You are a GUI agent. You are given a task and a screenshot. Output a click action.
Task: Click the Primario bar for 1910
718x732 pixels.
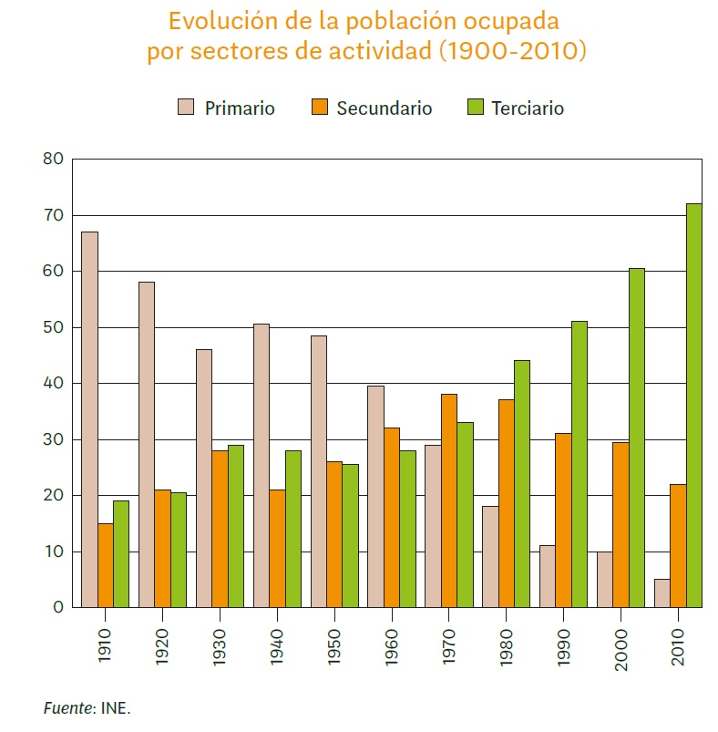point(89,419)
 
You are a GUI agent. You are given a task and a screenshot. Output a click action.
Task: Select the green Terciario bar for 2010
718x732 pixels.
point(694,405)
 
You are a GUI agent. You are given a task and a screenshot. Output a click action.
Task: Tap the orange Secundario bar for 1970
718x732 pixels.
point(449,500)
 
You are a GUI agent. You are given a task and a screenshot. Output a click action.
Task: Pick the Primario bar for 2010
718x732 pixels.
point(662,593)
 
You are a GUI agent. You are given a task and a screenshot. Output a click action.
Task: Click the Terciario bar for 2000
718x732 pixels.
point(637,438)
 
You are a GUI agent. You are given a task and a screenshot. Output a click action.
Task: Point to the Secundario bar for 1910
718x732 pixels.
point(106,565)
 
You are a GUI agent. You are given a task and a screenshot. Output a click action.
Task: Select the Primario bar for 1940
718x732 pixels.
point(262,465)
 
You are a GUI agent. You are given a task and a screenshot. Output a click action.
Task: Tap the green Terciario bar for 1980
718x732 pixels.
point(522,483)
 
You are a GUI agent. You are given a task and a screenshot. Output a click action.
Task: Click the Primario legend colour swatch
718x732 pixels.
point(186,108)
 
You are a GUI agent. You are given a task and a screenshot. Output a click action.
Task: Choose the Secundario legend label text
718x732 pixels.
point(384,108)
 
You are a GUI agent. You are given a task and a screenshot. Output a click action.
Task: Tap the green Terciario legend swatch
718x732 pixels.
point(474,108)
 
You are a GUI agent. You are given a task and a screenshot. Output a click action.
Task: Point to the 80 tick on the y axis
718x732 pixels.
point(53,160)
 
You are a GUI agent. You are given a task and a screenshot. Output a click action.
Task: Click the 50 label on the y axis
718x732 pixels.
point(53,327)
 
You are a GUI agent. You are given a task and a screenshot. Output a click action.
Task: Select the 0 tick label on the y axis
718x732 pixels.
point(58,607)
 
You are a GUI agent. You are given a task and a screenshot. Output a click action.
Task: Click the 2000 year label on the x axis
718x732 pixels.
point(621,649)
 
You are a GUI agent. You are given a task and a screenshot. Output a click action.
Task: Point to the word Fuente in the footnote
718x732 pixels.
point(66,707)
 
